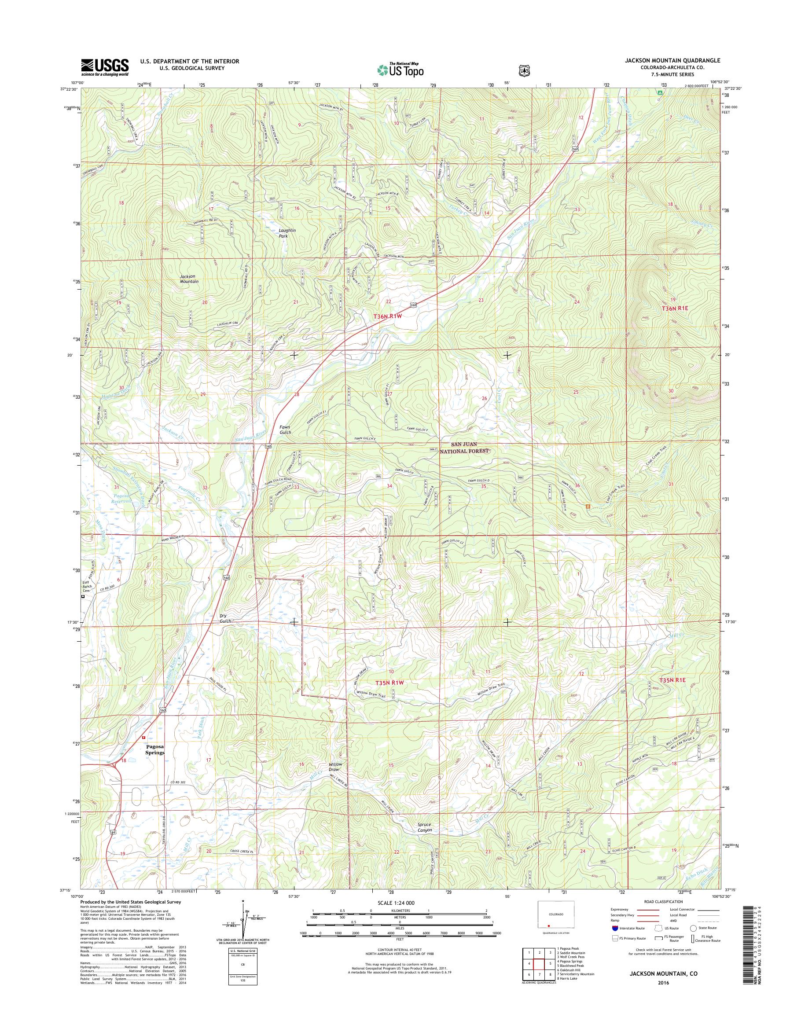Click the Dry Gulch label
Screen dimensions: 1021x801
coord(227,618)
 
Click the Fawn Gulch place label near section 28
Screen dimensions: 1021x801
coord(285,430)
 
